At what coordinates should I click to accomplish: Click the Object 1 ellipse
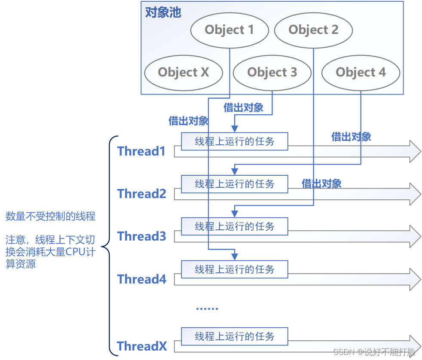point(229,30)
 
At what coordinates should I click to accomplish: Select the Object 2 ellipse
point(313,30)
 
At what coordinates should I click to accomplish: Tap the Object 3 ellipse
point(272,72)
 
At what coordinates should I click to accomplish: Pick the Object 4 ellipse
point(361,72)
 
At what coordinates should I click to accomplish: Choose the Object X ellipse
point(183,72)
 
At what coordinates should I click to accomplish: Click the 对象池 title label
point(163,12)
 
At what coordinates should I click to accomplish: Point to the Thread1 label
point(141,151)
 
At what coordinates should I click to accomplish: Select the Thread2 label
point(142,194)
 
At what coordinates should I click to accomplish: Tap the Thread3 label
point(142,236)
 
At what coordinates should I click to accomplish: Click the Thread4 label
point(142,279)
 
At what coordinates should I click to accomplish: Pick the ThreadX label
point(142,346)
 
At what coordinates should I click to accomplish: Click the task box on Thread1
point(234,141)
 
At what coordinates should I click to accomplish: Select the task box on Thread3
point(234,226)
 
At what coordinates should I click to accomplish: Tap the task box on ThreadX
point(234,336)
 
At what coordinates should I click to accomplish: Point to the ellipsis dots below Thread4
point(207,308)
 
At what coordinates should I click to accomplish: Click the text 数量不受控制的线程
point(50,216)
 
